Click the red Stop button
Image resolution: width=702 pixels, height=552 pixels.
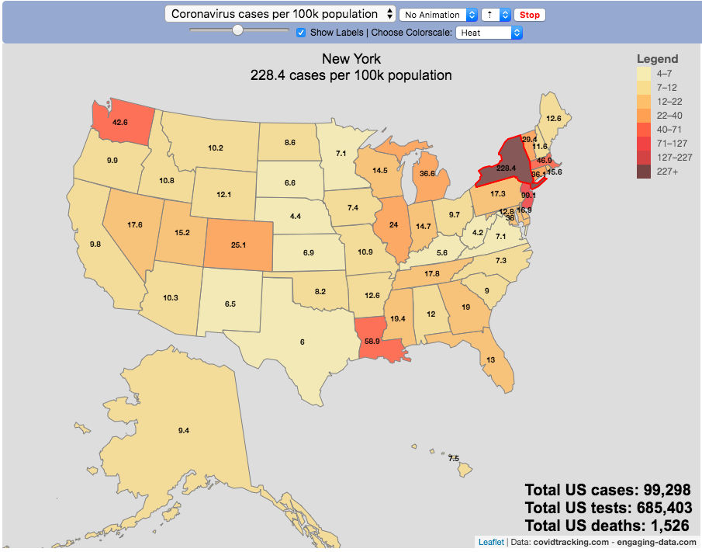530,15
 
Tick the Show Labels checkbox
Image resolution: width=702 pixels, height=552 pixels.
301,33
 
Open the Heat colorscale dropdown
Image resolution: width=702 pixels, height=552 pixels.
489,33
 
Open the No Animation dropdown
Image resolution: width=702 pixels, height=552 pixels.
437,15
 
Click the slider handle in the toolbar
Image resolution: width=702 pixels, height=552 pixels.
238,30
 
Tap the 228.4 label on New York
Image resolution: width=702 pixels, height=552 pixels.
507,168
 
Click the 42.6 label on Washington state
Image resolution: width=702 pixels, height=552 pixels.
119,122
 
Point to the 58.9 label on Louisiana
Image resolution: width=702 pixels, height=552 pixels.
372,341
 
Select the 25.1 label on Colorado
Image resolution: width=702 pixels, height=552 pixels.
237,245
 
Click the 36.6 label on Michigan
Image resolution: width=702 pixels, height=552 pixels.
427,174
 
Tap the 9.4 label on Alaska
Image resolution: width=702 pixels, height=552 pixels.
183,430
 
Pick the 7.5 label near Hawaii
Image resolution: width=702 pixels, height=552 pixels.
454,458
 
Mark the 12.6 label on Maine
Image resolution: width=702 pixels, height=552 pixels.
553,118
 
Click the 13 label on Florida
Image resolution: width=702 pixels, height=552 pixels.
491,360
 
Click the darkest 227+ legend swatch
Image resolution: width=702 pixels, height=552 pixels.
644,172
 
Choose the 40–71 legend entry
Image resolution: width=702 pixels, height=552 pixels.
659,129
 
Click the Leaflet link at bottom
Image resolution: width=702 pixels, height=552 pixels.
491,542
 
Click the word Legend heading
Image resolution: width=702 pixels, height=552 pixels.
657,59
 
